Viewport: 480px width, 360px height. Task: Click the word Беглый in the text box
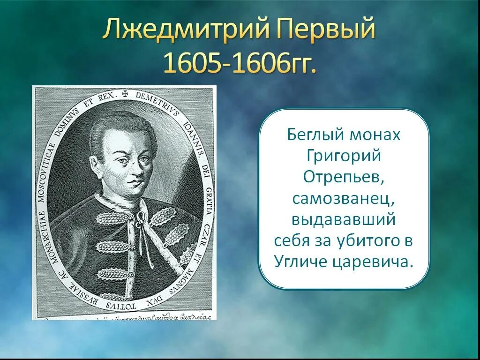click(315, 135)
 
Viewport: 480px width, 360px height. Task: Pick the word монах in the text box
click(375, 135)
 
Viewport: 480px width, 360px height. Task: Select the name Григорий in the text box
click(344, 156)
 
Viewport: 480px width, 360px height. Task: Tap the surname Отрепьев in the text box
click(344, 177)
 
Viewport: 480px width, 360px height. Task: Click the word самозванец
click(344, 199)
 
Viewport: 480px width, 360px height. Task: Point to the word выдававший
click(344, 219)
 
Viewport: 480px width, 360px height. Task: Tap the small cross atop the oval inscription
click(125, 93)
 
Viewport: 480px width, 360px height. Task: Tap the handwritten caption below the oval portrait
click(127, 316)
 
